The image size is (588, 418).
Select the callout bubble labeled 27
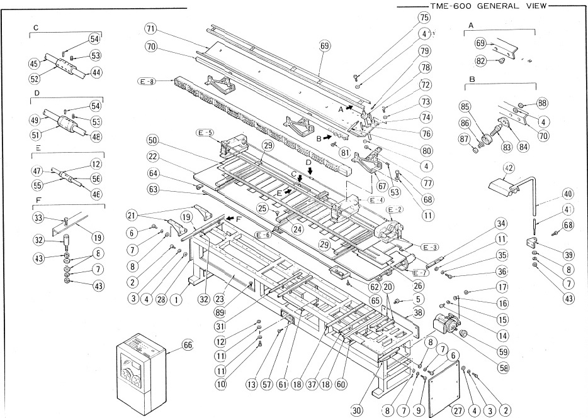[x=458, y=409]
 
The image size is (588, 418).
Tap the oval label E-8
[x=146, y=81]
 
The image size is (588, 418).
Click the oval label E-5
[x=205, y=133]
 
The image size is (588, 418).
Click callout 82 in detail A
[x=482, y=61]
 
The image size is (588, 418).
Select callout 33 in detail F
[x=38, y=218]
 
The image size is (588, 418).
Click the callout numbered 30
[x=356, y=410]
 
